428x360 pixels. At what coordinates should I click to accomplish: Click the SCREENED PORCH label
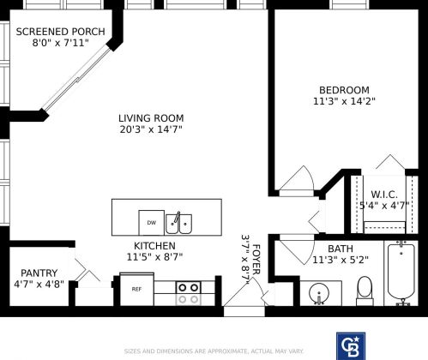click(x=61, y=32)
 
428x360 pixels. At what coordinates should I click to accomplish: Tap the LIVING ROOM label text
click(x=151, y=118)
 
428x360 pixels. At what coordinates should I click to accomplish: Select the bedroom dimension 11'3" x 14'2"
click(x=344, y=101)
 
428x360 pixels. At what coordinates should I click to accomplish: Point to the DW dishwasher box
click(x=151, y=223)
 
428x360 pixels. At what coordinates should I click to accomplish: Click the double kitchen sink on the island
click(x=178, y=223)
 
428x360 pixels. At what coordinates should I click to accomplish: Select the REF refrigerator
click(x=136, y=289)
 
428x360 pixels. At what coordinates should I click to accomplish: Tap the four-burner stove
click(x=188, y=292)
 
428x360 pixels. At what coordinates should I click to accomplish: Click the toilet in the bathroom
click(x=364, y=291)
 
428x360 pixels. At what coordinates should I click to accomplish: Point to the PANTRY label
click(x=39, y=273)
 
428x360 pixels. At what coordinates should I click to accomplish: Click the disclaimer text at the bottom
click(x=214, y=351)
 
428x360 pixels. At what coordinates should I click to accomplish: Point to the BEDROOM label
click(x=344, y=90)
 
